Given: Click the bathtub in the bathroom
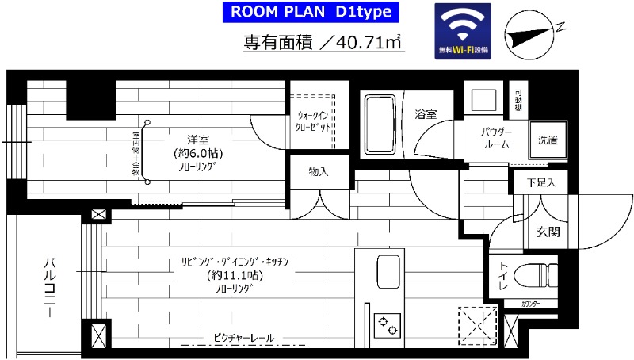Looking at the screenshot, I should click(x=382, y=124).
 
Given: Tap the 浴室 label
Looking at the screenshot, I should click(x=426, y=114).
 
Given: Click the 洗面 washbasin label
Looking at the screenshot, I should click(x=548, y=140).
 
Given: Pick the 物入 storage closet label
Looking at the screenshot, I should click(x=318, y=171).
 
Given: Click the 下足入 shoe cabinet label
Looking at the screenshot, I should click(x=541, y=182).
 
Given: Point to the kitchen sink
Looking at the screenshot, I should click(x=389, y=271).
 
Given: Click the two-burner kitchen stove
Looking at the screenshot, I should click(x=389, y=324).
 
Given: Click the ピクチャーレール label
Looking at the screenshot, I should click(x=243, y=339).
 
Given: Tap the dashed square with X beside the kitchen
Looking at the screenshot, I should click(x=477, y=324).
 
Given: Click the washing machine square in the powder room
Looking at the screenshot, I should click(x=483, y=101).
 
